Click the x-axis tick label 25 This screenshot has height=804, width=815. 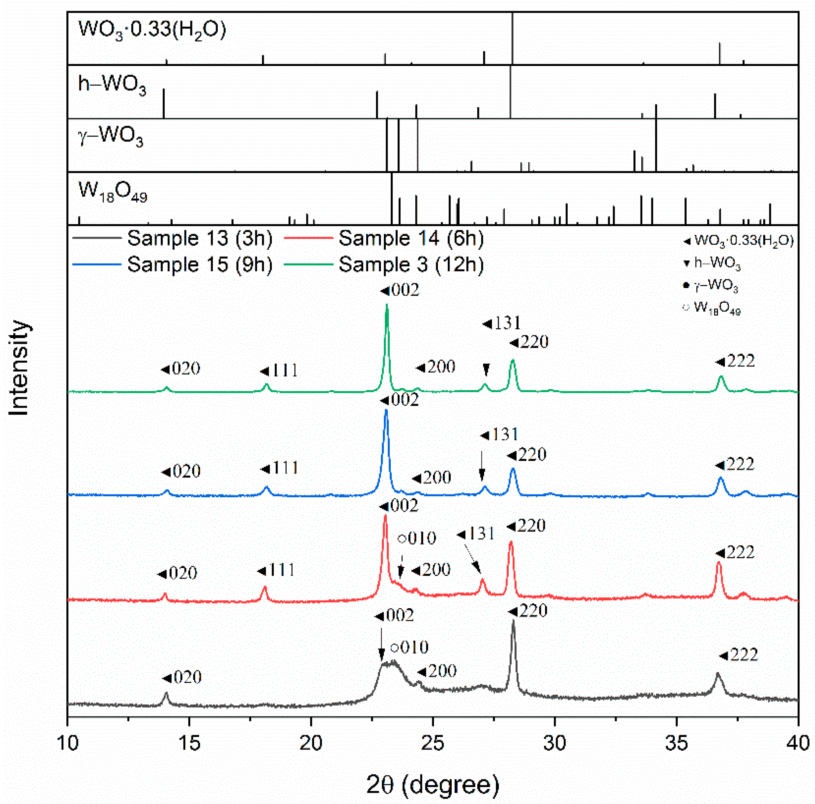[x=433, y=743]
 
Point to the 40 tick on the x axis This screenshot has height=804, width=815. [x=797, y=743]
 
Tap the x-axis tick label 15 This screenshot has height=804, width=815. [x=189, y=743]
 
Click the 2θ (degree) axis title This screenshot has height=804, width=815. [x=433, y=784]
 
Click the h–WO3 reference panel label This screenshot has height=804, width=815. [x=112, y=85]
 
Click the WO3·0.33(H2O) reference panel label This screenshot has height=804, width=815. [x=152, y=30]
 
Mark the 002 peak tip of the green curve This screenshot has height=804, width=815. [x=387, y=305]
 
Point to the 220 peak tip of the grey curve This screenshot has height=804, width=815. [x=513, y=621]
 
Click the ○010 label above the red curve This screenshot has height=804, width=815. [x=417, y=538]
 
